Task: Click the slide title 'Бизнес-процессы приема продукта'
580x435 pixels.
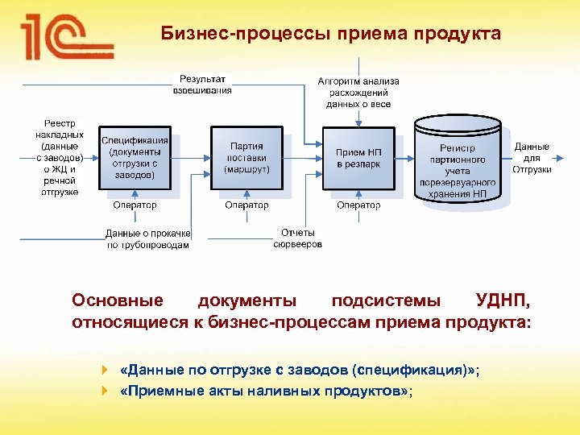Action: coord(330,34)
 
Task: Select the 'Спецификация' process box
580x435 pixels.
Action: coord(135,158)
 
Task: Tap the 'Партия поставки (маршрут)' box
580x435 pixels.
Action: coord(246,158)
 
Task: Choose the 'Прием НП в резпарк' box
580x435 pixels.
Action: coord(358,158)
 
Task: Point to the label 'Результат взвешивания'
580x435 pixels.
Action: coord(202,85)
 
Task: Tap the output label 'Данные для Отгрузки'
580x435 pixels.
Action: coord(532,158)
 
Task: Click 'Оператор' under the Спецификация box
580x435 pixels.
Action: coord(135,205)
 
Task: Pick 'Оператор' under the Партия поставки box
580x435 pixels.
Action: coord(246,205)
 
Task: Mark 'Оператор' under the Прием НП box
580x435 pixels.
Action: coord(358,205)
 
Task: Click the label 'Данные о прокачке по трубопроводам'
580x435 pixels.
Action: coord(148,239)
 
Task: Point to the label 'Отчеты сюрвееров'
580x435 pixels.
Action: coord(297,238)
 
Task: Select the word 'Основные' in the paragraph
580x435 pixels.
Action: coord(118,301)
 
